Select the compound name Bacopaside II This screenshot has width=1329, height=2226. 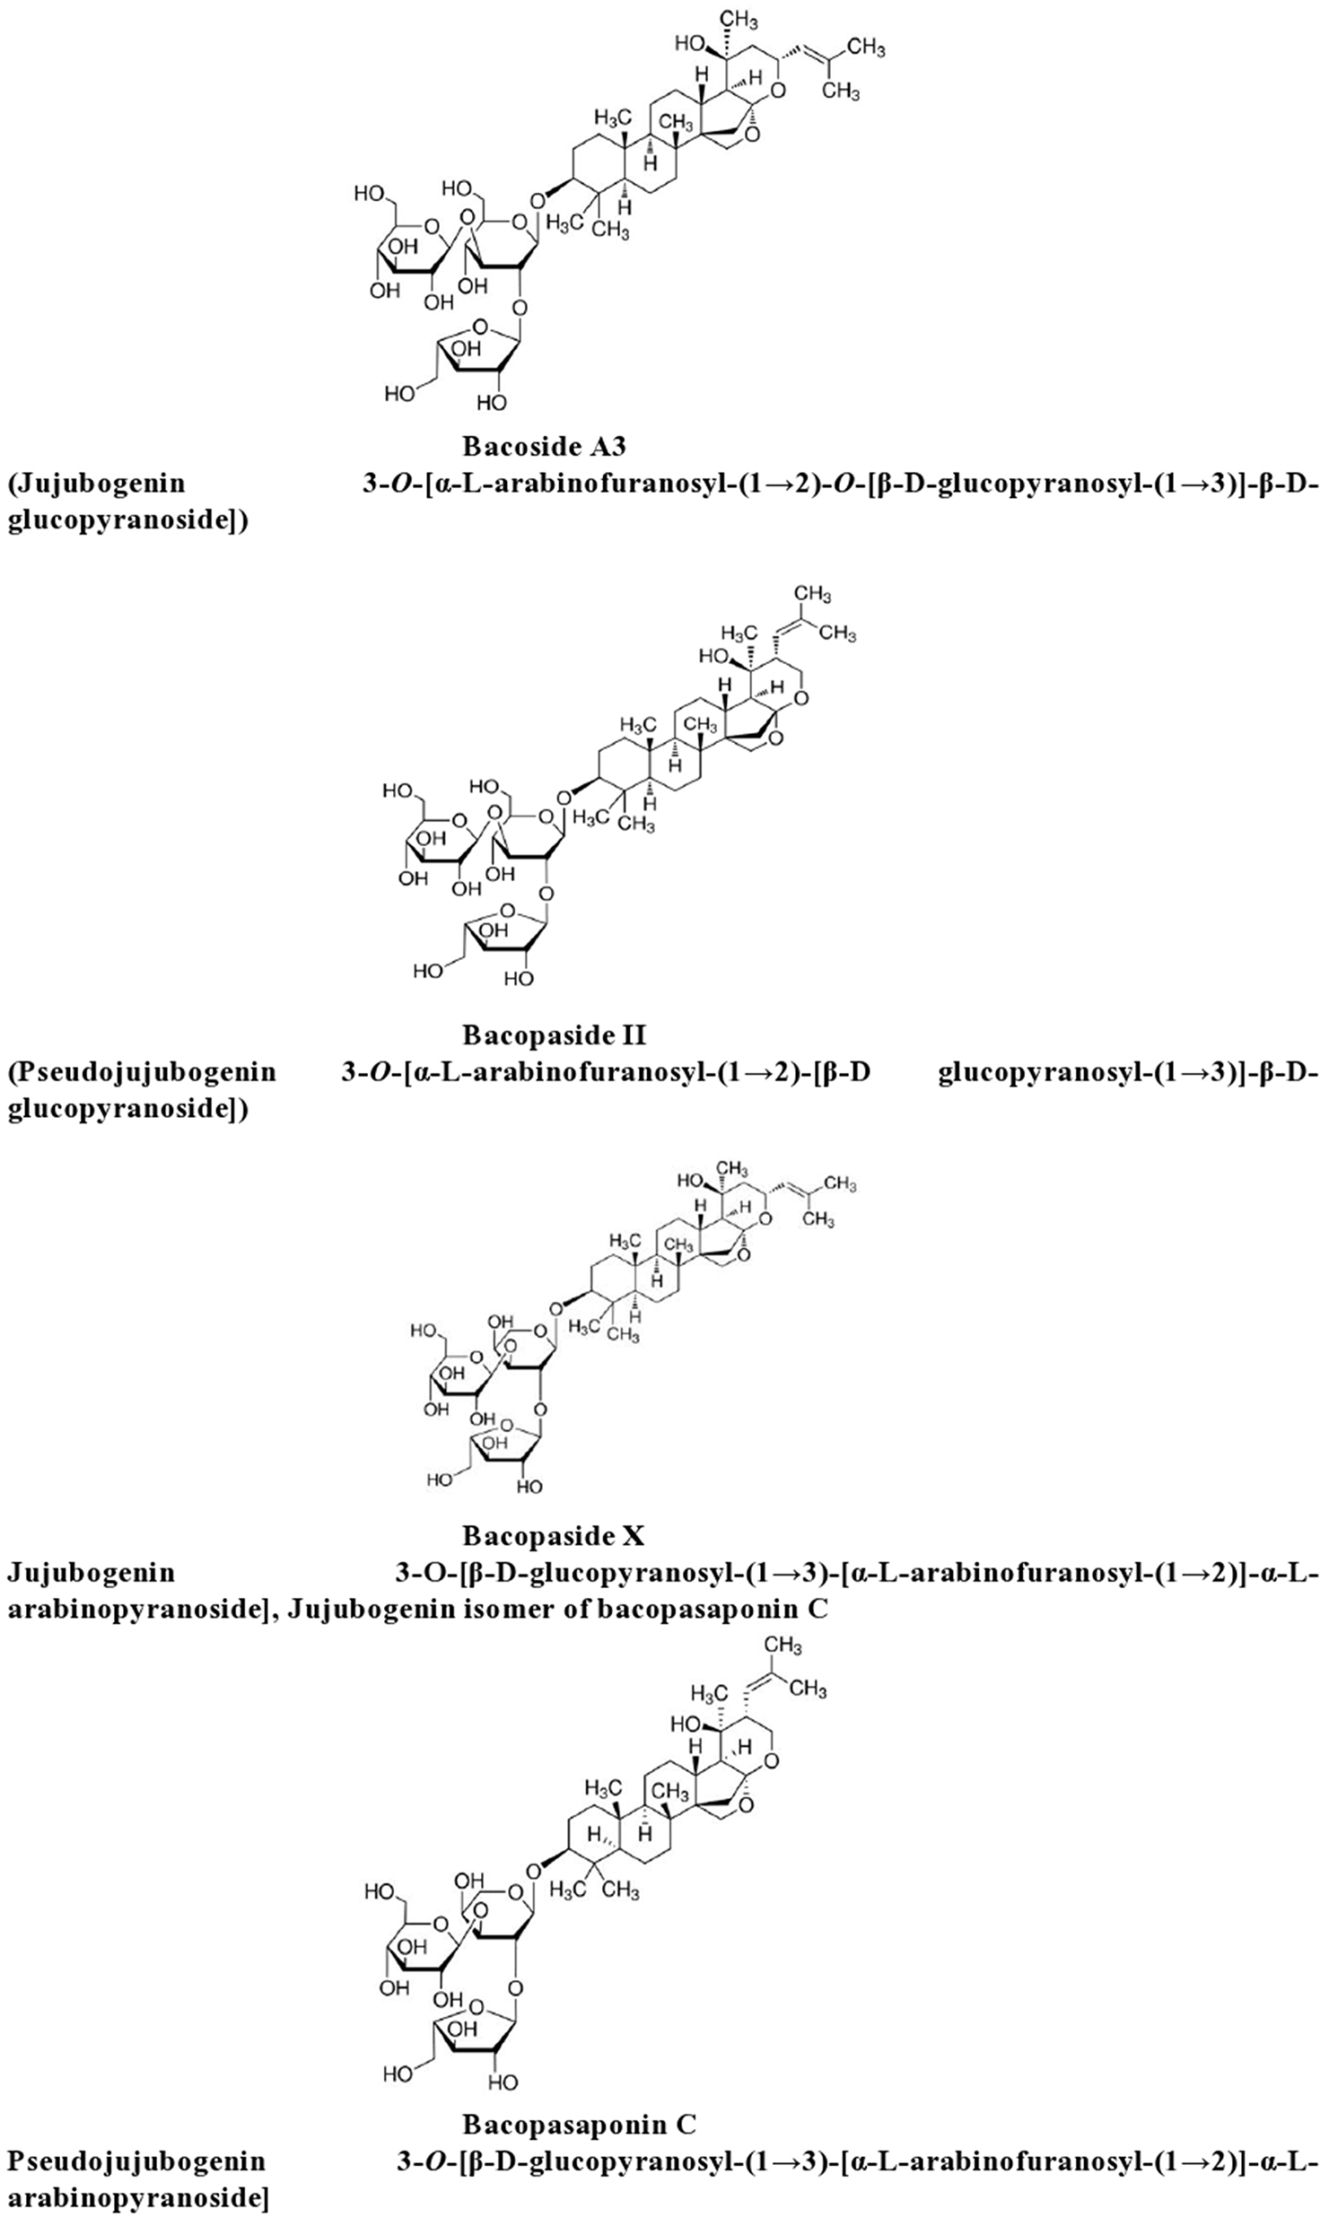[x=554, y=1035]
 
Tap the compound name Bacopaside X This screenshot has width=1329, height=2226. [x=553, y=1536]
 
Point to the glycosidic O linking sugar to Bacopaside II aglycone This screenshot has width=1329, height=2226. [x=564, y=798]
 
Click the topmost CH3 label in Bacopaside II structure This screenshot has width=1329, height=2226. [x=813, y=593]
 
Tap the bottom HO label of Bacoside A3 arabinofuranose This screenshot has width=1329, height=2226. [x=401, y=393]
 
